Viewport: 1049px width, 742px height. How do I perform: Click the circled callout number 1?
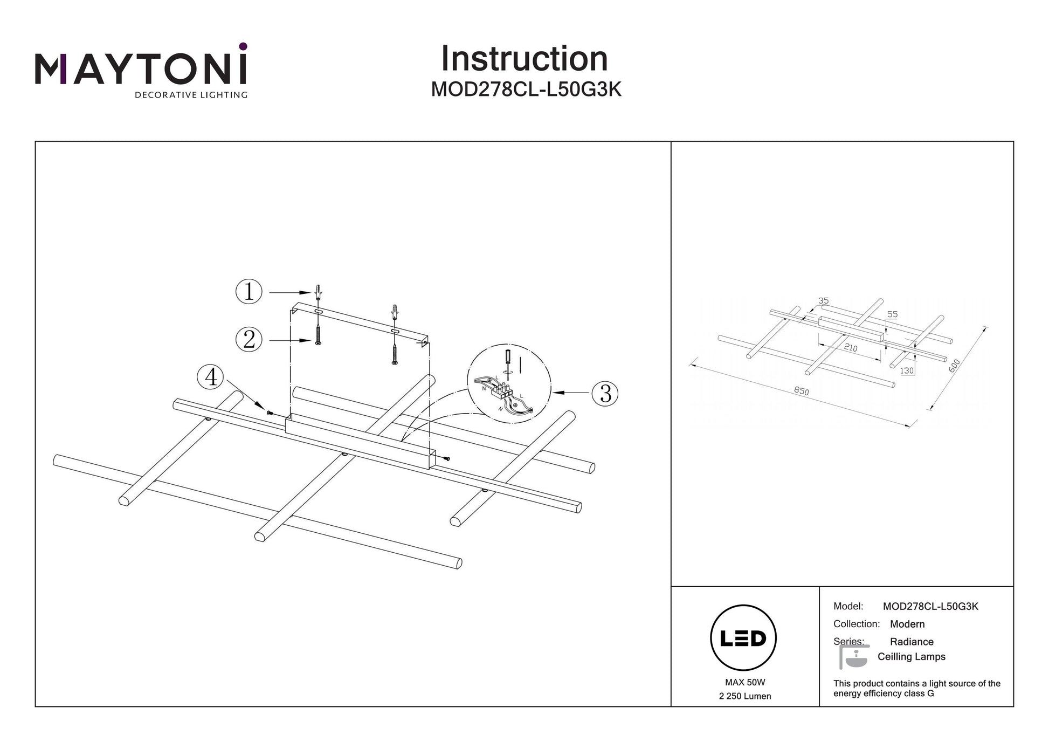[249, 292]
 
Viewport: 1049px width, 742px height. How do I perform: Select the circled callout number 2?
[249, 340]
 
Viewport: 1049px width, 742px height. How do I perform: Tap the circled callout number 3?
[605, 393]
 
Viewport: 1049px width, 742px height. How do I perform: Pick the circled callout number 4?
[211, 376]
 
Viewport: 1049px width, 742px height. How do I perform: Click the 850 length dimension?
[802, 391]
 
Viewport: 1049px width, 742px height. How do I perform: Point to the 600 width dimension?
[954, 366]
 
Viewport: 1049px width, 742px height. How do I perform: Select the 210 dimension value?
[851, 347]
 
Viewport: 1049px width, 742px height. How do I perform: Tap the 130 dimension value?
[907, 371]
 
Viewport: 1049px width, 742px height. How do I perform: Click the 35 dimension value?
[823, 301]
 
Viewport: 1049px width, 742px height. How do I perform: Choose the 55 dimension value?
[892, 314]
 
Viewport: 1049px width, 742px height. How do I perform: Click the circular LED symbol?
[743, 638]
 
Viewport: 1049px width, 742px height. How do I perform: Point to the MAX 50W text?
[745, 683]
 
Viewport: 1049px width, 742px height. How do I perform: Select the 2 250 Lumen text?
[745, 696]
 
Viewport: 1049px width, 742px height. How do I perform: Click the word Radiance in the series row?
[912, 642]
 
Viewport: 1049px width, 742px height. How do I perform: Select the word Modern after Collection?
[907, 624]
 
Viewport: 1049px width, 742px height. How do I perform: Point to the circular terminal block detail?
[509, 383]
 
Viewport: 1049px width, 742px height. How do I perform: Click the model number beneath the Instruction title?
[526, 90]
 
